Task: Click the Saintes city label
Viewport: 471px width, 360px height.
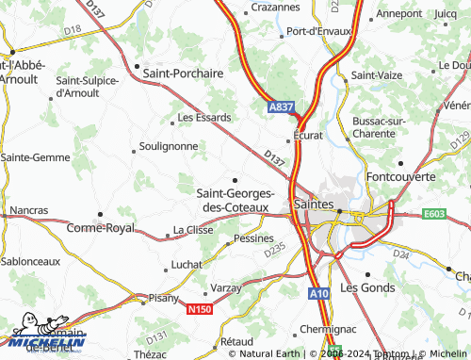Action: click(314, 203)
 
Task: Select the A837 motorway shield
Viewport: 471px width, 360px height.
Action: click(280, 108)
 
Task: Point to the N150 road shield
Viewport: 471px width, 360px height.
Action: click(200, 309)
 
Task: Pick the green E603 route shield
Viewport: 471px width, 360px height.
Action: click(435, 215)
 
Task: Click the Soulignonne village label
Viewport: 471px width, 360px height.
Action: click(169, 146)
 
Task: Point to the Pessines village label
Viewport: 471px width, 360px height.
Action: click(252, 238)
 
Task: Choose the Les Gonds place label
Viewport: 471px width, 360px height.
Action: click(367, 286)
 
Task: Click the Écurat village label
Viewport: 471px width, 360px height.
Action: click(307, 135)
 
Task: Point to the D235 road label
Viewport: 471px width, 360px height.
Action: click(274, 250)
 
